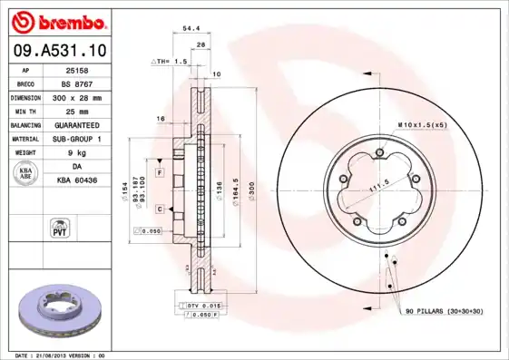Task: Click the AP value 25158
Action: coord(77,71)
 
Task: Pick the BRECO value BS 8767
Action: coord(77,83)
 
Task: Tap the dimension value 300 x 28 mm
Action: coord(77,96)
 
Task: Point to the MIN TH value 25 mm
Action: coord(77,110)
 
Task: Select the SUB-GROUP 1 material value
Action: coord(77,138)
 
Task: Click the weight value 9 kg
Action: coord(77,152)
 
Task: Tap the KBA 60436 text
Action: coord(77,181)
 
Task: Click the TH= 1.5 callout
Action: coord(168,62)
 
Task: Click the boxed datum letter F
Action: coord(159,172)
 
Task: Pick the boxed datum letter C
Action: coord(159,209)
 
